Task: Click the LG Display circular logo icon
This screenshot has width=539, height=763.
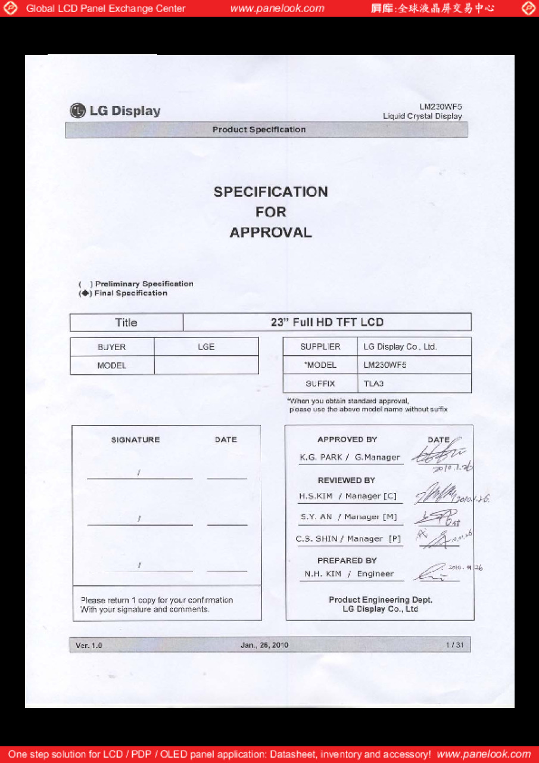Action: point(77,111)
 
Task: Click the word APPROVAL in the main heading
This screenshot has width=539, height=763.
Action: point(270,232)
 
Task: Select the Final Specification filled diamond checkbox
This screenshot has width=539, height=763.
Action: point(84,293)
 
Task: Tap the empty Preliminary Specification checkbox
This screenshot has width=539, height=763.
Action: point(84,284)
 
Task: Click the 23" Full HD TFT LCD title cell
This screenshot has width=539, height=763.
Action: point(327,322)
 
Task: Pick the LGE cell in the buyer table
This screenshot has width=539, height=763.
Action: point(206,347)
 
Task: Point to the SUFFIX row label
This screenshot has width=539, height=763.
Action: point(320,384)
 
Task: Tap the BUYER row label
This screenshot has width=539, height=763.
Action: point(112,347)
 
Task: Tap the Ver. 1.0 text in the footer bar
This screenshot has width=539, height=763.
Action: point(89,645)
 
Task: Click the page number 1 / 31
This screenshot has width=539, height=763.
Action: point(454,645)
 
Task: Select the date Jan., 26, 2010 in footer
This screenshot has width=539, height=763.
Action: point(264,645)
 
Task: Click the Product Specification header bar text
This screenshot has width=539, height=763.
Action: point(259,130)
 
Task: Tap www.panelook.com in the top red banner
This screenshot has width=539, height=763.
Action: point(277,8)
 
